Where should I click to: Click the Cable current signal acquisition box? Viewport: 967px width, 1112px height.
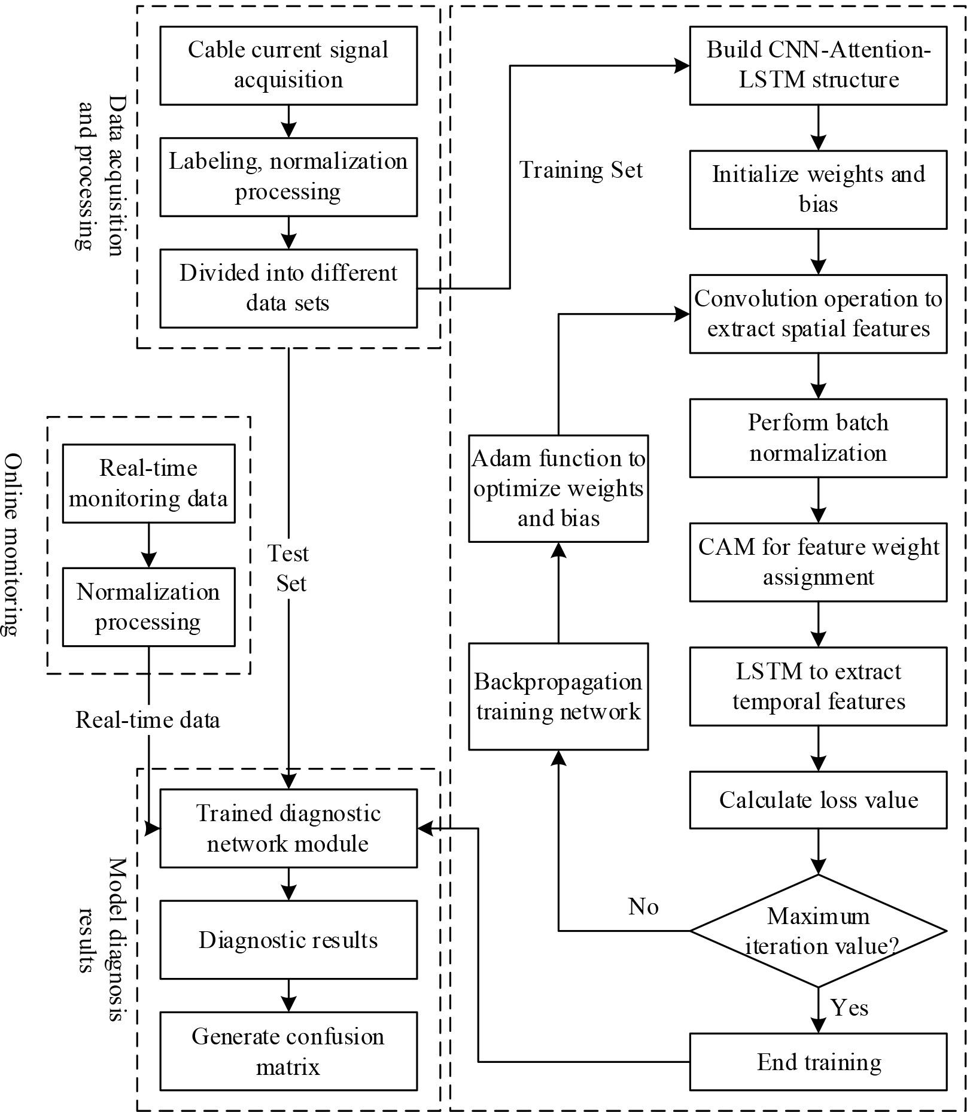click(288, 65)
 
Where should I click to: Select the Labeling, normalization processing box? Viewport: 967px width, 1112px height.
click(288, 177)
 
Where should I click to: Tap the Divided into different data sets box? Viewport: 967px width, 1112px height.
click(288, 288)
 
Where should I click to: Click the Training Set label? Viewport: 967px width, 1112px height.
click(580, 170)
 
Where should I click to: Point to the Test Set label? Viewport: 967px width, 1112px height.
click(289, 568)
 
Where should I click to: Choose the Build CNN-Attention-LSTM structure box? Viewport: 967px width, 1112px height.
click(818, 65)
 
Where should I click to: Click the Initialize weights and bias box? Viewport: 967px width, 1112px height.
click(818, 189)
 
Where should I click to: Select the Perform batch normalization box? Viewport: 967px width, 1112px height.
click(818, 437)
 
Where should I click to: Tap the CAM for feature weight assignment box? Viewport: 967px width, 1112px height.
click(818, 562)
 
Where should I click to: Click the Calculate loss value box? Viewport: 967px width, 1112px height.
click(818, 800)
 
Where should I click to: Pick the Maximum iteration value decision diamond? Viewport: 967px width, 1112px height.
click(818, 931)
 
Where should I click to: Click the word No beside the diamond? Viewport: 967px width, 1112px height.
click(643, 907)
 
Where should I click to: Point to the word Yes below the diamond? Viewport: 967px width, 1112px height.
click(849, 1008)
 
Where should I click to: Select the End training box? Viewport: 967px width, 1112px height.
click(818, 1062)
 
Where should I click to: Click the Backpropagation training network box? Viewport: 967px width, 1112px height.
click(558, 696)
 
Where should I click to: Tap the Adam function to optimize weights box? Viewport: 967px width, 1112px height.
click(558, 488)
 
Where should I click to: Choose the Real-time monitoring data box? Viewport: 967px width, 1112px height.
click(148, 483)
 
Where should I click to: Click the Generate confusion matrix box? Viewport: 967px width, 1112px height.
click(288, 1051)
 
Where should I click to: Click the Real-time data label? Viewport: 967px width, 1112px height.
click(148, 719)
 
